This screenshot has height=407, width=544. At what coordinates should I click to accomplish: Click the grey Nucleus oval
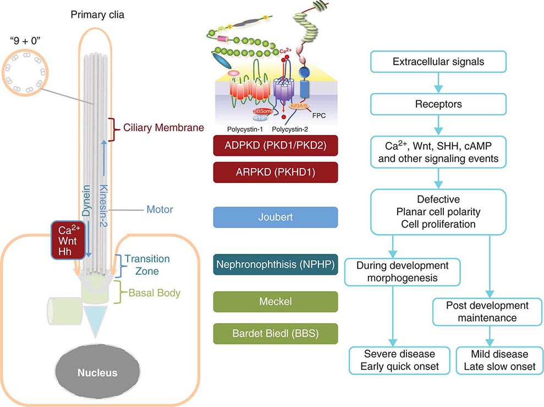click(96, 372)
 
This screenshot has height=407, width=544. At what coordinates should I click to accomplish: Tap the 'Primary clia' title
click(97, 15)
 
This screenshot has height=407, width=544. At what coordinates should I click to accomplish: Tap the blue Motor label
click(160, 210)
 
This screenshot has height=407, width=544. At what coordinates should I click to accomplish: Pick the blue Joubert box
click(275, 217)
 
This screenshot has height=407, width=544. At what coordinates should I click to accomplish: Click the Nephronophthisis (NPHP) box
click(275, 264)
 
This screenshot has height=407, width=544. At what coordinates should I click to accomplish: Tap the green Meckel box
click(275, 302)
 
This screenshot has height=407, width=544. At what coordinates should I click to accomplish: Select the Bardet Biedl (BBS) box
click(275, 333)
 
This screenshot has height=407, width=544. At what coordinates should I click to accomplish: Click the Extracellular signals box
click(438, 61)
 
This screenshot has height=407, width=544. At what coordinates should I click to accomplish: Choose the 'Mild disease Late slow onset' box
click(499, 360)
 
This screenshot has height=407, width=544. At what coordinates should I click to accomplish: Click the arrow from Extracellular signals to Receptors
click(438, 82)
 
